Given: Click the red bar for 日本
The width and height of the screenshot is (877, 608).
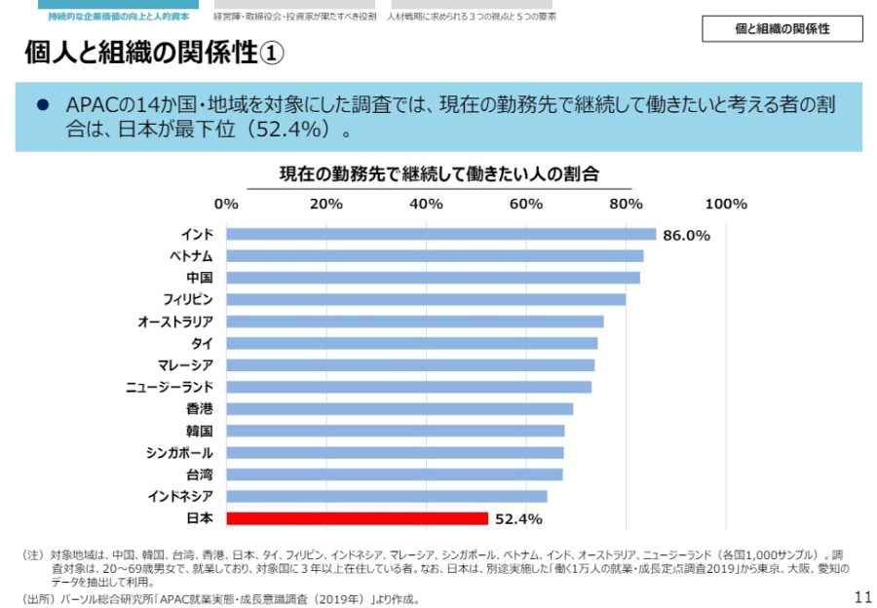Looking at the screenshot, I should [x=357, y=518].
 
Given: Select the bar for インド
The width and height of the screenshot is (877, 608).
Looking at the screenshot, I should [x=440, y=234].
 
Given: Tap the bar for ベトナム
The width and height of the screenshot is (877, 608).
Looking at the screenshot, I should [x=435, y=255].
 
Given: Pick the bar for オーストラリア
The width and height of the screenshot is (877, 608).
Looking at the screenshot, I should [x=414, y=322].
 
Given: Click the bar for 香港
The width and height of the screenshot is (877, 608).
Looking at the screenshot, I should [x=400, y=409].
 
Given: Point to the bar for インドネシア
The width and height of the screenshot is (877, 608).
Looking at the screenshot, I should [x=386, y=496].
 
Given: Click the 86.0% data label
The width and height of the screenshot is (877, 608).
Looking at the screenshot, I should [x=686, y=235].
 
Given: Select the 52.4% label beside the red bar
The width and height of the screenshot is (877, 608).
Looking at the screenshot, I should [x=518, y=519].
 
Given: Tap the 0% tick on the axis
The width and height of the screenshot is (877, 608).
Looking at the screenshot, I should [x=226, y=204].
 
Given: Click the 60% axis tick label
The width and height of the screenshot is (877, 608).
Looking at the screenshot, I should [x=526, y=204].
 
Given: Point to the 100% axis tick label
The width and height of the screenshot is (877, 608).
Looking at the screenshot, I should [x=725, y=204].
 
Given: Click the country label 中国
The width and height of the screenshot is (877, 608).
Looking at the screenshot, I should [x=199, y=278].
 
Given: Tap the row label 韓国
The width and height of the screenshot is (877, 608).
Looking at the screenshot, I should [x=199, y=431].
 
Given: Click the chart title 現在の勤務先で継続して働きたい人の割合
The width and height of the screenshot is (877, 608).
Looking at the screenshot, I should [x=438, y=173].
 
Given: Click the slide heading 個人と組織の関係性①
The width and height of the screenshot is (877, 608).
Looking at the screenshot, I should [x=154, y=53].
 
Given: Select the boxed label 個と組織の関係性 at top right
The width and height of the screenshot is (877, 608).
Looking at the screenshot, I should [x=782, y=29].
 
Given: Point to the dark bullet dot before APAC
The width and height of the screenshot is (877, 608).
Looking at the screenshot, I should [x=42, y=104].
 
